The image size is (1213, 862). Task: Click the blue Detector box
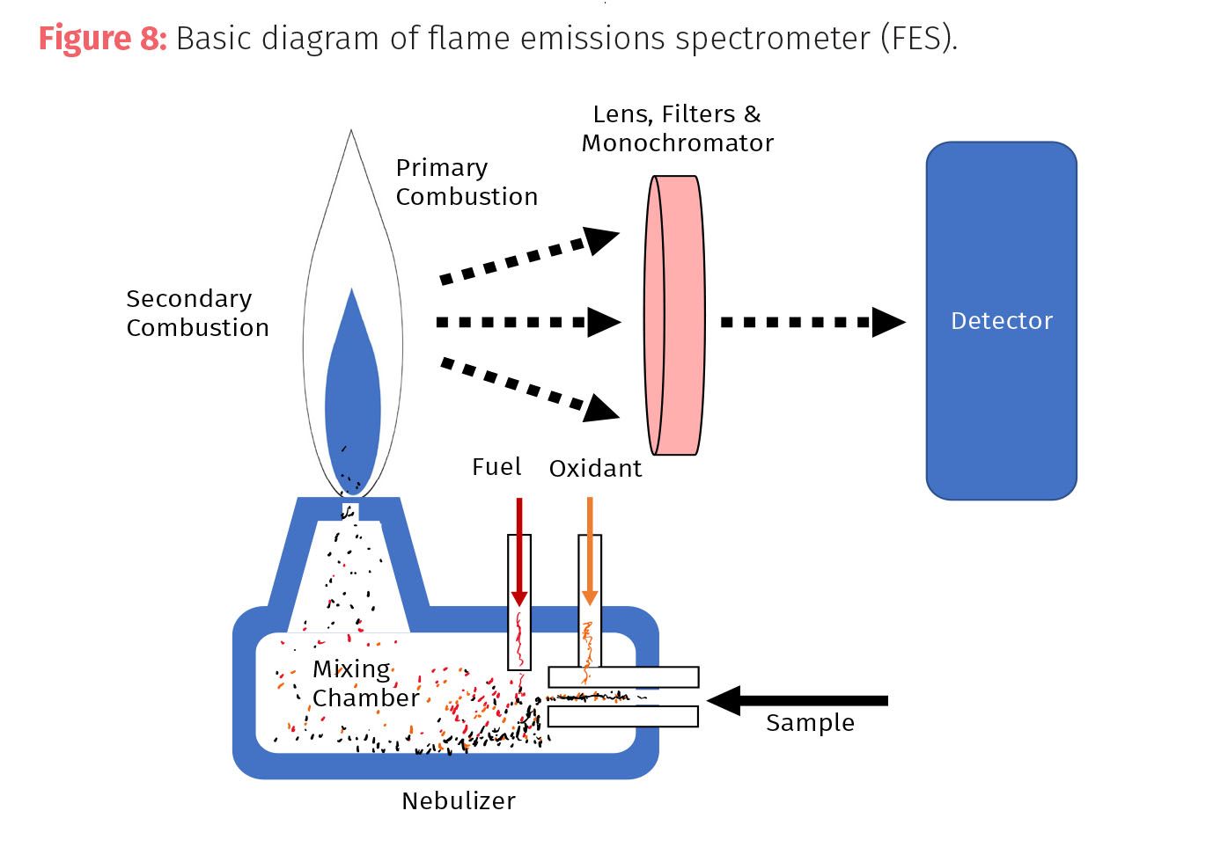(1001, 321)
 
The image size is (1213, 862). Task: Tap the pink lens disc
(675, 315)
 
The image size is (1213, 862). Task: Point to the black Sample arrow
(798, 700)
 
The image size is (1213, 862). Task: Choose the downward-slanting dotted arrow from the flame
(528, 387)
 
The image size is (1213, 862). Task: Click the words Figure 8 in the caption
(102, 39)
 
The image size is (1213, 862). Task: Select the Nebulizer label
(459, 800)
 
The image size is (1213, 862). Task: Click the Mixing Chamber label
(364, 683)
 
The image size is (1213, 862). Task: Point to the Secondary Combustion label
(197, 313)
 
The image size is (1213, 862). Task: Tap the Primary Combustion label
(467, 182)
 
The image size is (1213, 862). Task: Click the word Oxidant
(595, 468)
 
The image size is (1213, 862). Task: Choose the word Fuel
(496, 467)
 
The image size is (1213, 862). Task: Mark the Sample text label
(810, 723)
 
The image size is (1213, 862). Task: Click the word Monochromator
(678, 142)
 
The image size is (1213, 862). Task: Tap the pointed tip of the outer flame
(351, 132)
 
